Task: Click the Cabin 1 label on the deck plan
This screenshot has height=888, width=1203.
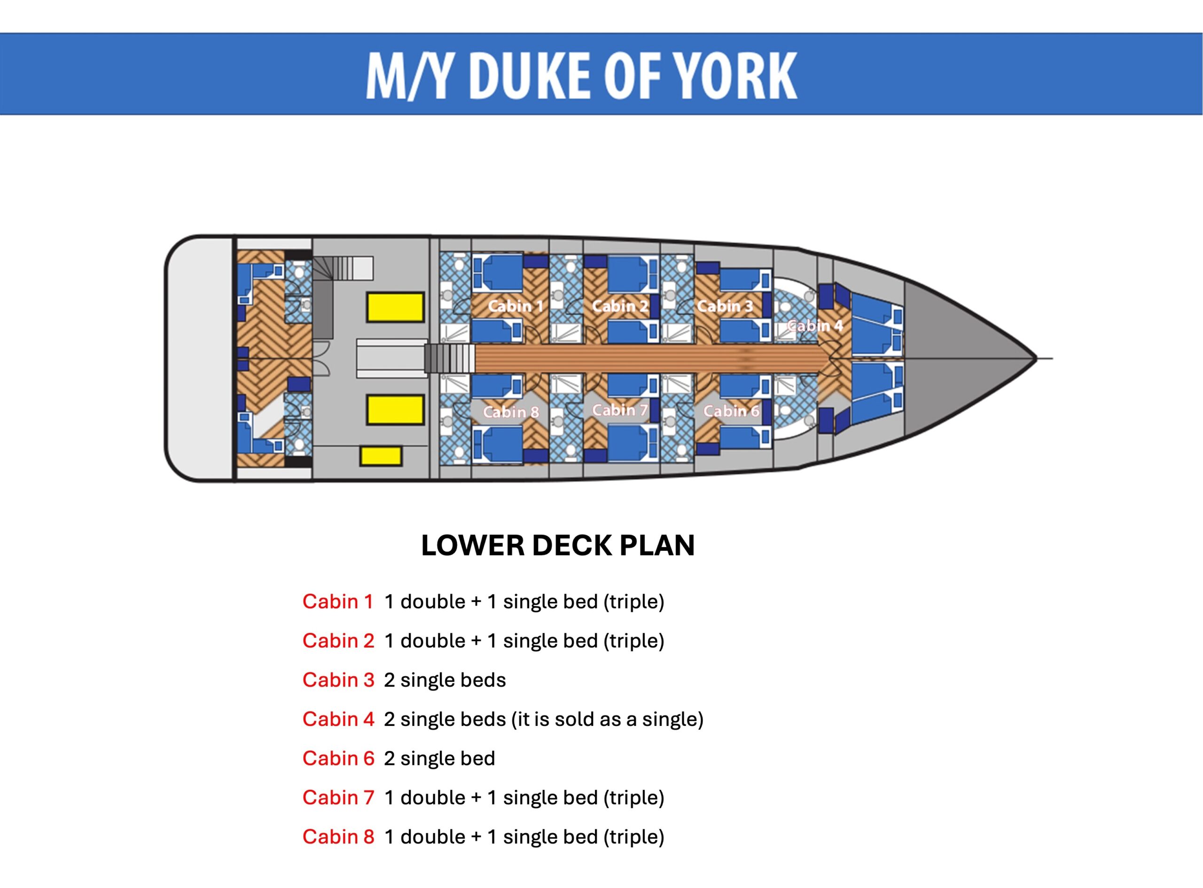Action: point(515,306)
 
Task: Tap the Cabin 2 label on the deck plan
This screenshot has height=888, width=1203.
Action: point(619,306)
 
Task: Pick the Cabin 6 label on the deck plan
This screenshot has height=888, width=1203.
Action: point(731,411)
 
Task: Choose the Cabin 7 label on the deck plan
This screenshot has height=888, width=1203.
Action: point(619,410)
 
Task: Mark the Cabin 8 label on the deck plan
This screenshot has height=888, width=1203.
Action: point(510,412)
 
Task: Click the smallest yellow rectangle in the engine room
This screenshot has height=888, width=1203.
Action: point(381,456)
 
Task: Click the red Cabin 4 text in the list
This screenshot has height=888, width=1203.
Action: point(338,719)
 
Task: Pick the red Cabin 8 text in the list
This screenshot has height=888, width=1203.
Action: point(338,837)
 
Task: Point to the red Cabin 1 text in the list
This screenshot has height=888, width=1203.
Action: point(337,602)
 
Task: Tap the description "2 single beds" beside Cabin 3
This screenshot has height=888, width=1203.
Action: point(444,680)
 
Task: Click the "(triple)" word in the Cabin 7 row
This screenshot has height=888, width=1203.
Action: point(633,798)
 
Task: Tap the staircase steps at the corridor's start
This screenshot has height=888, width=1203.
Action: point(450,358)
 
